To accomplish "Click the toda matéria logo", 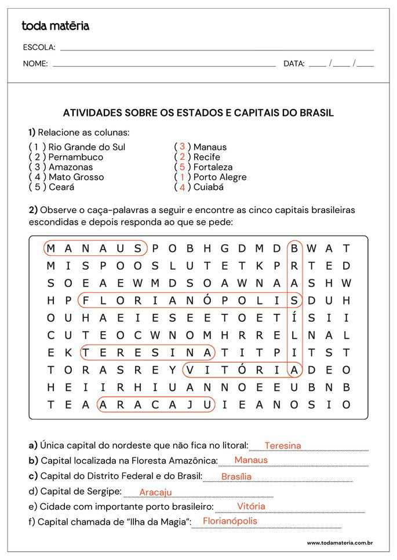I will pos(55,26).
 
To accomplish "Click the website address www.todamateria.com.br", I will pos(339,543).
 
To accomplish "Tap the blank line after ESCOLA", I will pos(217,49).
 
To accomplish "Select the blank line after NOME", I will pos(164,65).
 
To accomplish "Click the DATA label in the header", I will pos(294,64).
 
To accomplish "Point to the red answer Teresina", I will pos(283,445).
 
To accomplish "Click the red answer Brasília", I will pos(236,477).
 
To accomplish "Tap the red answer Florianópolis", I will pos(230,521).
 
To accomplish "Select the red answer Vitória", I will pos(251,506).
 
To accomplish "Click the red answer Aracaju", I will pos(156,492).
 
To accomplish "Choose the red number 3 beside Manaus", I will pos(182,147).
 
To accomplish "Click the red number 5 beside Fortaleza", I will pos(182,167).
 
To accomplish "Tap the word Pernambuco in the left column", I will pos(76,157).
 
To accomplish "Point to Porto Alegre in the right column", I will pos(220,177).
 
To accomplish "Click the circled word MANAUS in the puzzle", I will pos(95,248).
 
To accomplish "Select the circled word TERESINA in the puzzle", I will pos(147,352).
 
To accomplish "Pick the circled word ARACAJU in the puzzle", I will pos(156,404).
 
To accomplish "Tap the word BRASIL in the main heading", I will pos(316,113).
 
